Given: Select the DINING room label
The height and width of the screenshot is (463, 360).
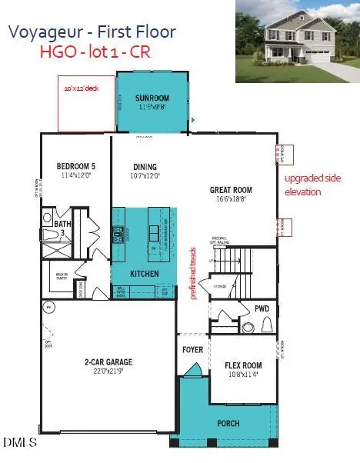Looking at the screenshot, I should click(x=145, y=167).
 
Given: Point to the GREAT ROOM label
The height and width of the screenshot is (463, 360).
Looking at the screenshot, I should click(x=231, y=190).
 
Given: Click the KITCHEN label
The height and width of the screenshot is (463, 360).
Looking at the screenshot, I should click(x=145, y=274).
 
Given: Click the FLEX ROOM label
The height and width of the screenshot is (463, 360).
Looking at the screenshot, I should click(x=243, y=365).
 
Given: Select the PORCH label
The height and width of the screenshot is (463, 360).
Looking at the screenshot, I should click(x=228, y=424).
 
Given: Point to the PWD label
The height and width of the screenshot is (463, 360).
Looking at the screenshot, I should click(x=262, y=309).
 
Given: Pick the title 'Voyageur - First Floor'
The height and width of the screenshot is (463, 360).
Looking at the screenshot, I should click(x=92, y=32).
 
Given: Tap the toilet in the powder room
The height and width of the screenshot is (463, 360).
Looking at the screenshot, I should click(x=248, y=327).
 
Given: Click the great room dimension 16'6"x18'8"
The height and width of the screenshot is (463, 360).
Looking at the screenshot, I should click(x=231, y=198).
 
